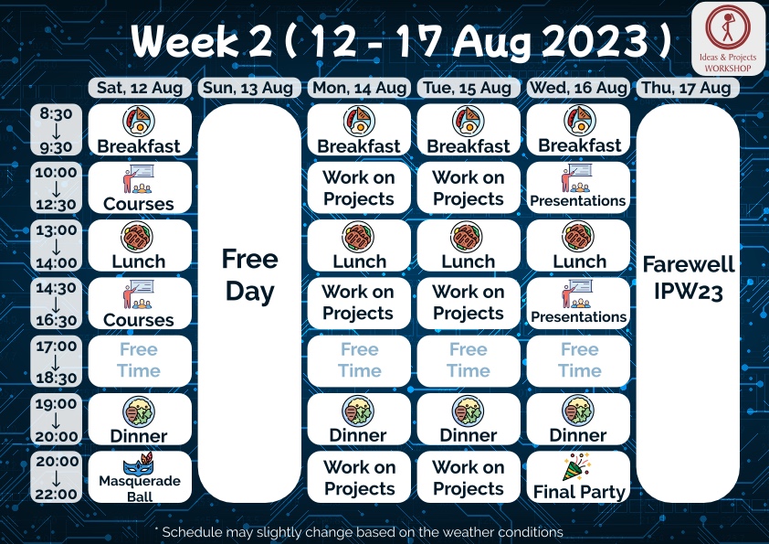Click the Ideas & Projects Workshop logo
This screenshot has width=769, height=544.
point(728,38)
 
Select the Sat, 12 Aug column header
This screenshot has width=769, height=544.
point(140,88)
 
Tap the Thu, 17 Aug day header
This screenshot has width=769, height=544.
point(687,88)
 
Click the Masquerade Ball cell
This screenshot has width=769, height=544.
point(140,476)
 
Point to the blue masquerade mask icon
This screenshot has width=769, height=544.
point(138,464)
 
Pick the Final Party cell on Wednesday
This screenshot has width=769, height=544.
point(578,476)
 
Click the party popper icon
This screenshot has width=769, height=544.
point(577,467)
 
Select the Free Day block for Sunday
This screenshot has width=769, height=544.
point(249,303)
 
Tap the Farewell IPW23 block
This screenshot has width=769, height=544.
point(688,303)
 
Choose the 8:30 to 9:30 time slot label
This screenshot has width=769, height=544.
point(56,130)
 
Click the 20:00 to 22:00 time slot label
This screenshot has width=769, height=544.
point(56,477)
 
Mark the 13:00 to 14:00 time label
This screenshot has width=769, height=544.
point(56,246)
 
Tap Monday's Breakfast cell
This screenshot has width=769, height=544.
point(359,130)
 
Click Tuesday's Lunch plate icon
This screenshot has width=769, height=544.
point(467,237)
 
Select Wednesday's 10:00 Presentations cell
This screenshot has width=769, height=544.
point(578,187)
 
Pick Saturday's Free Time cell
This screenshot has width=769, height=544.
point(140,361)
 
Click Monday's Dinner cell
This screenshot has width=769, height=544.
point(359,419)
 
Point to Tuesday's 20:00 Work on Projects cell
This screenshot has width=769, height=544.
point(469,476)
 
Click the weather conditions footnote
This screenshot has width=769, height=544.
point(359,532)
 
